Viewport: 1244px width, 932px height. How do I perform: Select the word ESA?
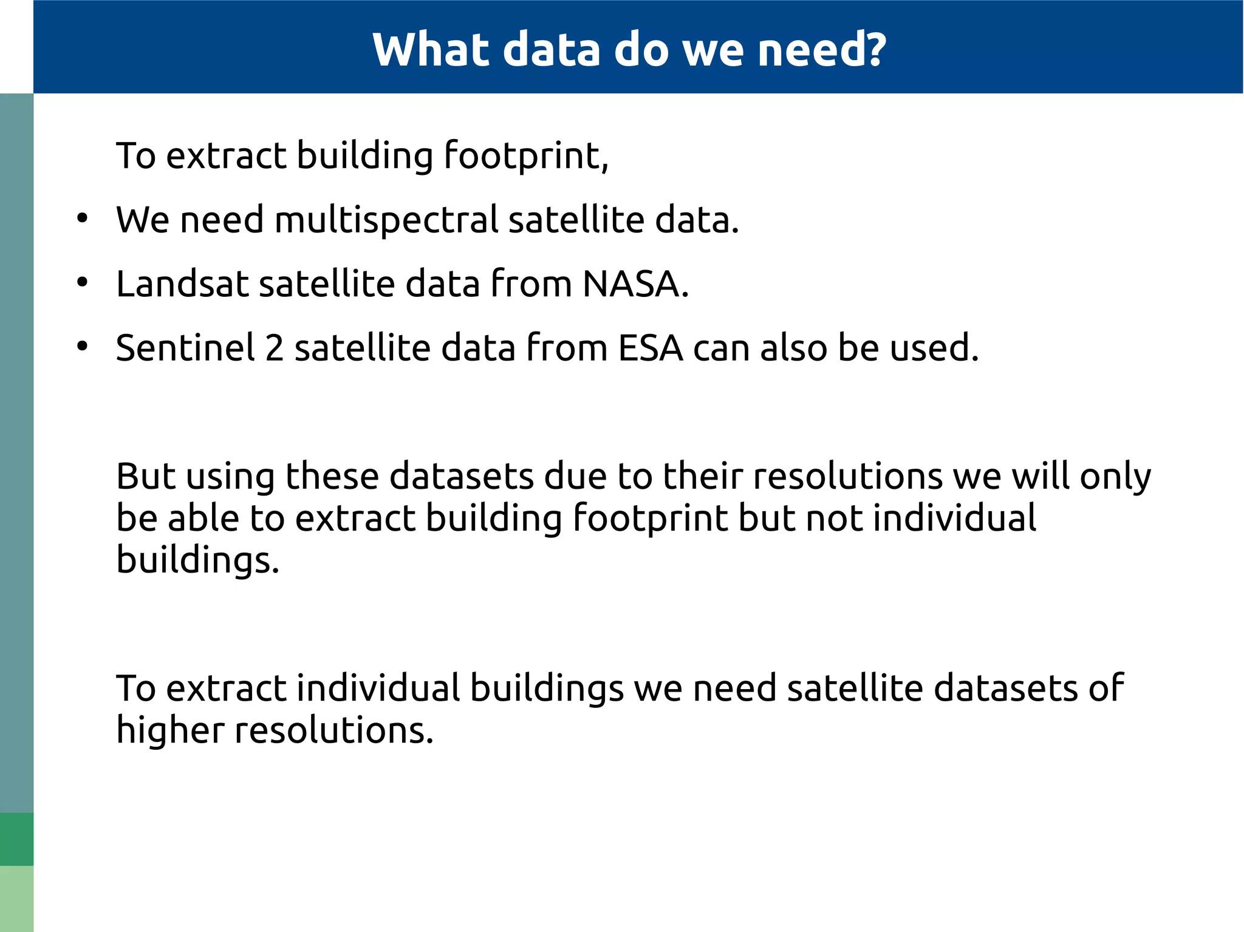click(x=651, y=348)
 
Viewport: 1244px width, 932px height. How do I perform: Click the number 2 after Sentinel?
click(x=275, y=348)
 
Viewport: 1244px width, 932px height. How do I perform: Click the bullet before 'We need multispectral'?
click(x=83, y=219)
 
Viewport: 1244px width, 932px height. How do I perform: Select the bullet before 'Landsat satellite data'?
click(x=83, y=283)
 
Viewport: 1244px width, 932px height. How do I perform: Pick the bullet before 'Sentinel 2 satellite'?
click(x=83, y=347)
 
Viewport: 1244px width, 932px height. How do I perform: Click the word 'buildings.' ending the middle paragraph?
click(x=197, y=560)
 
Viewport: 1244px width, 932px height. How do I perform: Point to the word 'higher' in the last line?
click(x=170, y=730)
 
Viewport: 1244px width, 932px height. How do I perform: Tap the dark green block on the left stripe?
click(x=16, y=838)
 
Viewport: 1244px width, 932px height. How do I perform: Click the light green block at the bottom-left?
click(x=16, y=899)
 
